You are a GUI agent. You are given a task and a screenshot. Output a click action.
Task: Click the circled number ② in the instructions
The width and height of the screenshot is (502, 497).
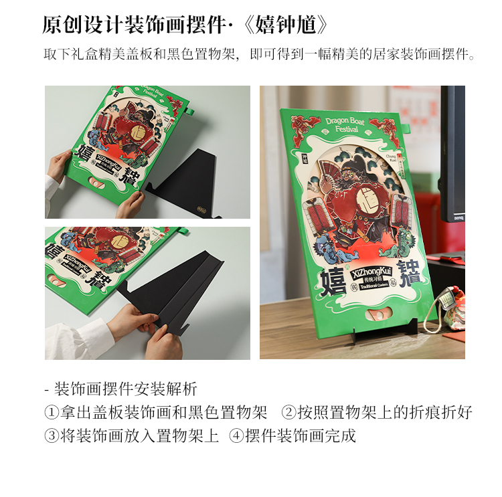[x=288, y=412]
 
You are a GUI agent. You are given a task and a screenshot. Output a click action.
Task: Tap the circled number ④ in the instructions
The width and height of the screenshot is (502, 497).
[x=236, y=436]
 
